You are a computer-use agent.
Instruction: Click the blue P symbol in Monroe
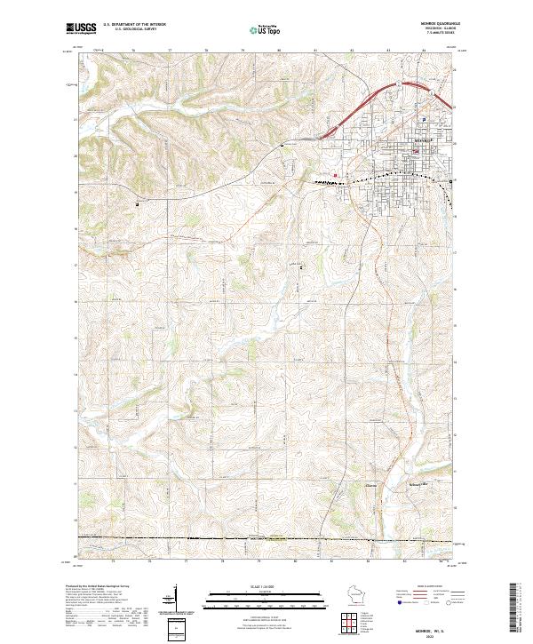pos(424,121)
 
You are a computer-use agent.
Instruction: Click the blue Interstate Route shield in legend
pos(401,602)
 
